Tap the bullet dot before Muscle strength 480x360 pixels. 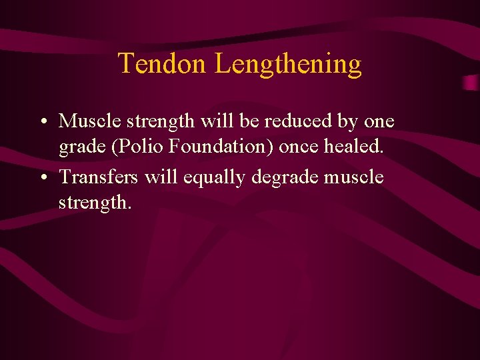pos(42,122)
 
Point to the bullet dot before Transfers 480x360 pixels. pos(42,178)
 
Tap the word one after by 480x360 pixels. pos(380,122)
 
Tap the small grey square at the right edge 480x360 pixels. pos(471,81)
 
